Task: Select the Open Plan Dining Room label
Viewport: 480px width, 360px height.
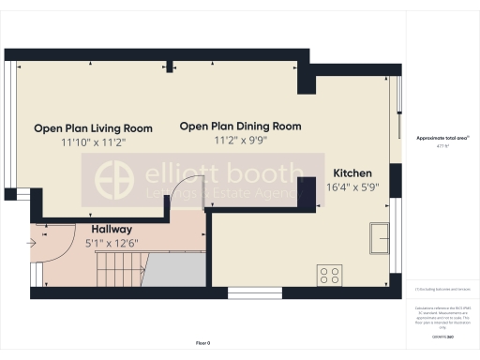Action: pyautogui.click(x=240, y=126)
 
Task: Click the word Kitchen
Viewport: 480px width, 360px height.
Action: pyautogui.click(x=352, y=173)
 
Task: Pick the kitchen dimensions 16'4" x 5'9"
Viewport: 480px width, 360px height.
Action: pyautogui.click(x=352, y=187)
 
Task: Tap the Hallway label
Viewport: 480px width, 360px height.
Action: pyautogui.click(x=112, y=229)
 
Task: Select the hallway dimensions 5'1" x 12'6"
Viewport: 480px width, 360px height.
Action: pyautogui.click(x=112, y=244)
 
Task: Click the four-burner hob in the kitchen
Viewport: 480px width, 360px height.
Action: pyautogui.click(x=330, y=275)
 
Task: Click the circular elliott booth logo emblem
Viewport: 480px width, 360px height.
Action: pyautogui.click(x=118, y=180)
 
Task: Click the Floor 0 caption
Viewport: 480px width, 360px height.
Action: pyautogui.click(x=203, y=343)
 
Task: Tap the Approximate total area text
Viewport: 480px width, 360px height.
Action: pyautogui.click(x=437, y=138)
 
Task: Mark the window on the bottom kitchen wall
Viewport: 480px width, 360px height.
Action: pyautogui.click(x=254, y=292)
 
